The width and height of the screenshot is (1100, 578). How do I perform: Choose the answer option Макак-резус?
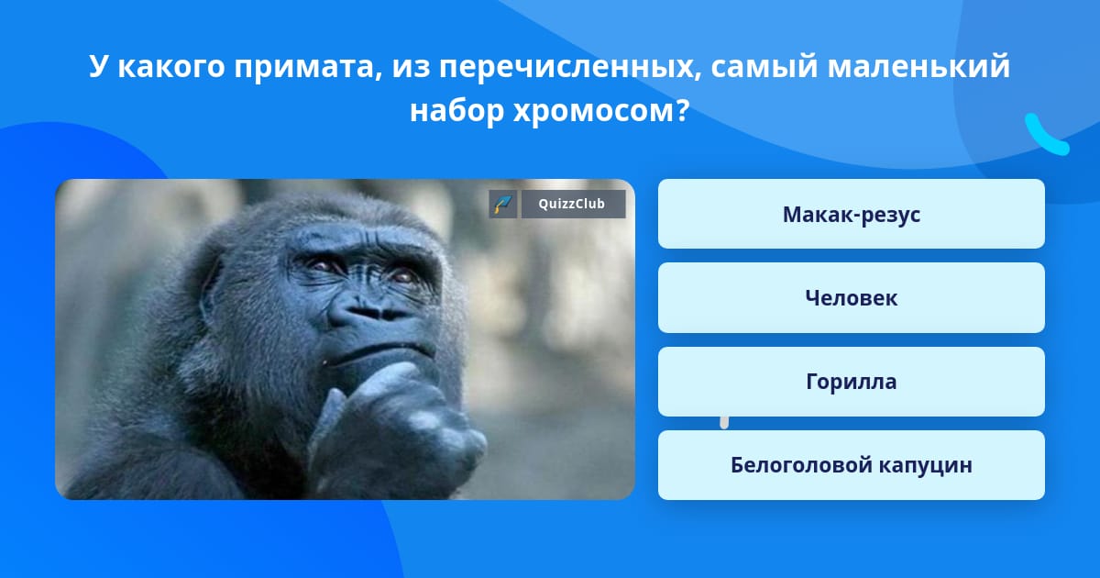(851, 214)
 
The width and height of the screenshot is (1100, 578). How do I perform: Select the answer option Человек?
(851, 298)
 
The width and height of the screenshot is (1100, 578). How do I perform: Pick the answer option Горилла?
(851, 382)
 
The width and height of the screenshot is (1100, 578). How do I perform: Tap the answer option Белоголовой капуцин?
(851, 465)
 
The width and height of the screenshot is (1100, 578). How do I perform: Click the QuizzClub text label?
(572, 204)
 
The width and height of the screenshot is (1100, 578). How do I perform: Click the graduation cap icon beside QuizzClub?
(502, 204)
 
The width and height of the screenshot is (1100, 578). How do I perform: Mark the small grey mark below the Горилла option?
(724, 423)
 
